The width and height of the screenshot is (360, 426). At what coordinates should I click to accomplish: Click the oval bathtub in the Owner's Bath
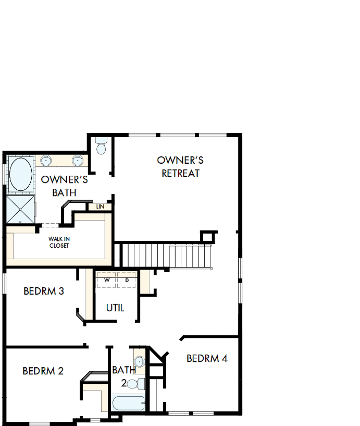20,174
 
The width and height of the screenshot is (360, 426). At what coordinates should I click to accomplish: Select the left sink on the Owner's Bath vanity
46,161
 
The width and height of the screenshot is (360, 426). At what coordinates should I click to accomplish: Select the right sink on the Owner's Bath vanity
77,161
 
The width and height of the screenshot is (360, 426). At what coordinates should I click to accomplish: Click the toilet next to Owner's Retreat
101,147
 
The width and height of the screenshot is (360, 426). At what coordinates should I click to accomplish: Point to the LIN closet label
100,207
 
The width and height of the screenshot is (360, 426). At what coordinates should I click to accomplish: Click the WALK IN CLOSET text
59,242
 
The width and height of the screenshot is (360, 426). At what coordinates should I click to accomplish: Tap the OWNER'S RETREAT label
180,167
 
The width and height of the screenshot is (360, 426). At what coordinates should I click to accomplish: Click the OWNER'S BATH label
64,186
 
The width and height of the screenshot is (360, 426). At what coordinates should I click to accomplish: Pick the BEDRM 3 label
44,291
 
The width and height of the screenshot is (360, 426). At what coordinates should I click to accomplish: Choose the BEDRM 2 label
43,371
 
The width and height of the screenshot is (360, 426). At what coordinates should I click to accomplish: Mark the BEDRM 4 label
207,359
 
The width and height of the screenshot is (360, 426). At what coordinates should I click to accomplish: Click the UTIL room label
115,308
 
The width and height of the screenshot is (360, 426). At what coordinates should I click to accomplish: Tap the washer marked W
107,281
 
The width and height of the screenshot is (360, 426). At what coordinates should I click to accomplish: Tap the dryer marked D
127,281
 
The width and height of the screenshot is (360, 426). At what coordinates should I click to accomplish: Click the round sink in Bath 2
139,361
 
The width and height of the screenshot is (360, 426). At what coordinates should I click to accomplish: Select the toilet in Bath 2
134,385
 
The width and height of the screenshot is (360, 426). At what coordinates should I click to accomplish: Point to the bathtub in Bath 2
128,404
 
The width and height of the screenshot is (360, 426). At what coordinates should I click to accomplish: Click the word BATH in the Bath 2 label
123,370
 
